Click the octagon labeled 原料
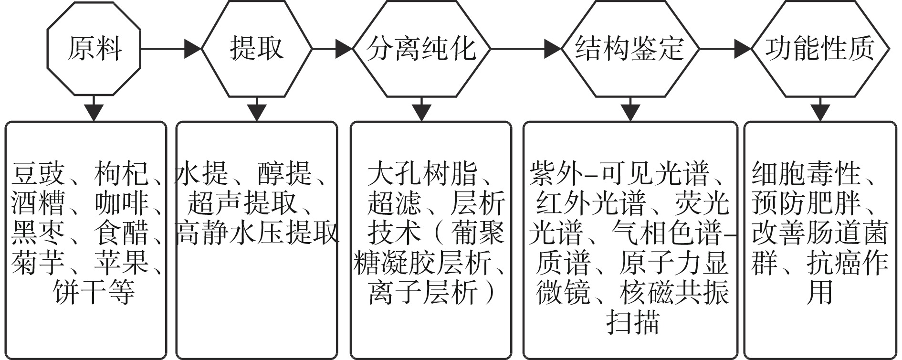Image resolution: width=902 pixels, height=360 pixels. point(94,48)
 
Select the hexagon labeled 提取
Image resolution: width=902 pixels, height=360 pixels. point(257,48)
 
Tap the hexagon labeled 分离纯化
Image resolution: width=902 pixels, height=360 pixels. point(422,48)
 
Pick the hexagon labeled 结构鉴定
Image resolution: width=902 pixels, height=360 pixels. point(630,48)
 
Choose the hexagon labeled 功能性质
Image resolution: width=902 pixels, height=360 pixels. point(820,48)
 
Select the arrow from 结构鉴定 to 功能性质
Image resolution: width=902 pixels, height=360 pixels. point(725,48)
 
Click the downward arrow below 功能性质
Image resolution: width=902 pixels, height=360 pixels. point(820,109)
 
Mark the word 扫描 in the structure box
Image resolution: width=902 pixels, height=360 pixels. point(633,322)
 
